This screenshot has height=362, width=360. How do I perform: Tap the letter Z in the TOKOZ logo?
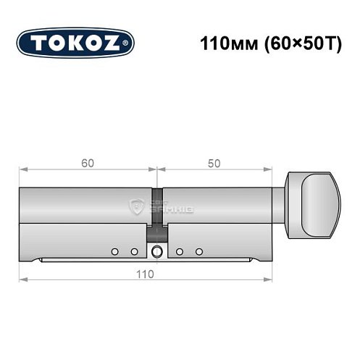pos(118,43)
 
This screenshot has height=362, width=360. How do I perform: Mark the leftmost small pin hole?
pos(114,252)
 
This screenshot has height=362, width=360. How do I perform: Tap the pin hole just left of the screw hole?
pos(134,252)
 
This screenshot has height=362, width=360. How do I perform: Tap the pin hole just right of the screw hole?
pos(179,252)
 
